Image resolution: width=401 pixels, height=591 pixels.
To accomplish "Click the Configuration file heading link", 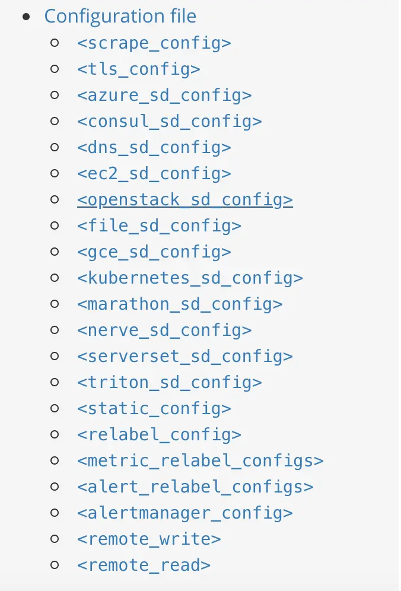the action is (120, 16).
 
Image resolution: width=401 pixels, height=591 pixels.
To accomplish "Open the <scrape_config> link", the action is (154, 43).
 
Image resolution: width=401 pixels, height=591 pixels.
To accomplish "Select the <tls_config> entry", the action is (138, 69).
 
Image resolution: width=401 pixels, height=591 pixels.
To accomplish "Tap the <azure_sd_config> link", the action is (164, 95).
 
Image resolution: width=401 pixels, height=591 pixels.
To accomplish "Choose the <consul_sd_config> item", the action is (169, 121).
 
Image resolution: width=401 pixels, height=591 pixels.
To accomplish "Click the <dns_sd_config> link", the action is (154, 147).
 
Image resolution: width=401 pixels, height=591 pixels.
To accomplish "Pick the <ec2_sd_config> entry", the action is (154, 173).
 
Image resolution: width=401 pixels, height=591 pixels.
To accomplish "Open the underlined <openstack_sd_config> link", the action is (184, 199).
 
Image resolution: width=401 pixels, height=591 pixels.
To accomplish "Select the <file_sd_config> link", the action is (159, 225).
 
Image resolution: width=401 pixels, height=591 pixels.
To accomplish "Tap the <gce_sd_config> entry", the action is (154, 252).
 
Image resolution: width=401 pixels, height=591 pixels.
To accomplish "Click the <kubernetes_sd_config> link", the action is (190, 278).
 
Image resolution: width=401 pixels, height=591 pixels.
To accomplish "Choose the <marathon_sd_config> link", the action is (180, 304).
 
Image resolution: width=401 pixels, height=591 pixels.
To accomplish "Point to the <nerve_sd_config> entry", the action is (164, 330).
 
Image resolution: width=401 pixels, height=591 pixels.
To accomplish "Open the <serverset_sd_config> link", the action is (184, 356).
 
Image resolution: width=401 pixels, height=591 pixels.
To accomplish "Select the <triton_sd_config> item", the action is (169, 382).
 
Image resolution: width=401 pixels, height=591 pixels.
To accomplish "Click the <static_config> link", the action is (154, 408).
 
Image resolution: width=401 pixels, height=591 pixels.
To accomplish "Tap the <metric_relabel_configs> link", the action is (200, 460).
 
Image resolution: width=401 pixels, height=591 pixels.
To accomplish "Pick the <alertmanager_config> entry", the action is (184, 513).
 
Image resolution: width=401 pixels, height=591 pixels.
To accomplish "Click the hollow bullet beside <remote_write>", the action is (55, 539).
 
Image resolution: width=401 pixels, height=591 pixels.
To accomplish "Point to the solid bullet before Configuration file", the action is (26, 17).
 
